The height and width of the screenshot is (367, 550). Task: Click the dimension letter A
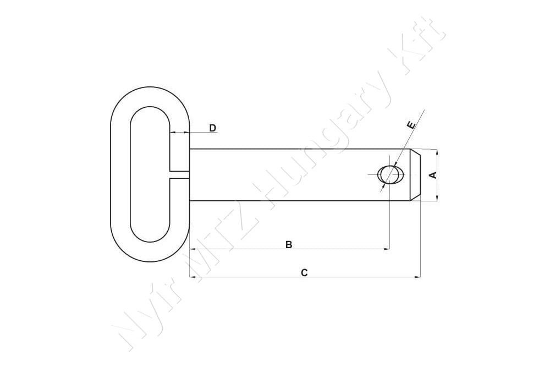433,175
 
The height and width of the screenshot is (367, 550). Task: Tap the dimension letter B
289,244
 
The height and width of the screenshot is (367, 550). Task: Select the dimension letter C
304,272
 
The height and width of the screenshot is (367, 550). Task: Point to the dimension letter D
212,128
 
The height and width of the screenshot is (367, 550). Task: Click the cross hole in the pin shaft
390,175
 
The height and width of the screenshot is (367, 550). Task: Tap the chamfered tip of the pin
415,175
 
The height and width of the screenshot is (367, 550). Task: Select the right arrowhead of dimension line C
418,277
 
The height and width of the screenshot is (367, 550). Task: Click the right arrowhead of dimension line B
387,249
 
